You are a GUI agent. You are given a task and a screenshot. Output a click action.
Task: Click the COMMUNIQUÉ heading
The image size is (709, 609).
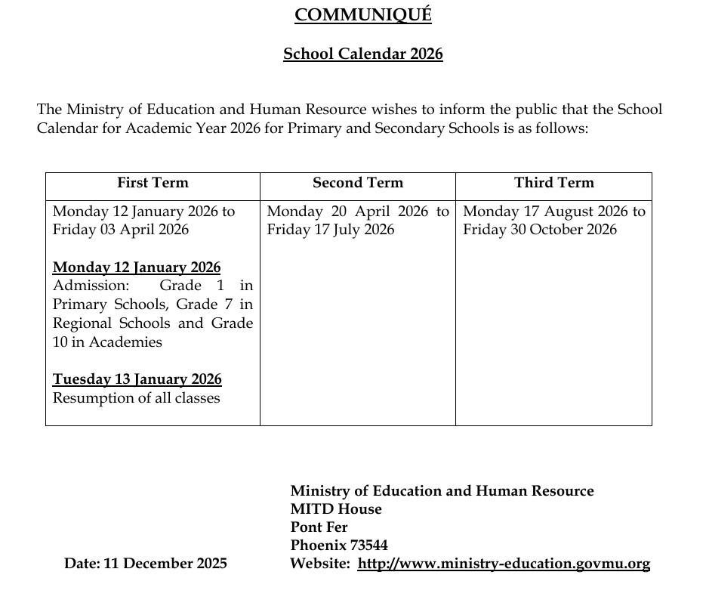click(362, 15)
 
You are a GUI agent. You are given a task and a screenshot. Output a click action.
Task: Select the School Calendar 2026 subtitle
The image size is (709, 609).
click(362, 54)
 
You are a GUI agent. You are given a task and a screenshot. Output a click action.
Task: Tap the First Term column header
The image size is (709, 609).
click(153, 183)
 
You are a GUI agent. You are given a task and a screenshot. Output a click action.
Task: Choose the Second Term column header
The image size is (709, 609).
click(358, 183)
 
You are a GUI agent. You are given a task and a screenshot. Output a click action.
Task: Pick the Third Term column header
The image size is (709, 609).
click(554, 183)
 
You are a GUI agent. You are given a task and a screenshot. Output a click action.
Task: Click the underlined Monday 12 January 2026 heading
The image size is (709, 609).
click(137, 267)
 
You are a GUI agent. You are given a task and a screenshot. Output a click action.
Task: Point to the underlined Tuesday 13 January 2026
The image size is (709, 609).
click(137, 379)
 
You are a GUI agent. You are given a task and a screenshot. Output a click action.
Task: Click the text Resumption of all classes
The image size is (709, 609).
click(137, 398)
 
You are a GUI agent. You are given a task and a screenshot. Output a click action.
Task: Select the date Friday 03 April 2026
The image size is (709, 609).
click(121, 230)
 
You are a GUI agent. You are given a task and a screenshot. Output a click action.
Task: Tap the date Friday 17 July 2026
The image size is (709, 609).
click(331, 230)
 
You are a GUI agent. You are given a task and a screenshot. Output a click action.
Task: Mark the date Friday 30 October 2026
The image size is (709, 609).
click(540, 230)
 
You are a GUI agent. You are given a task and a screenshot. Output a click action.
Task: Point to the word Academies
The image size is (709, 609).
click(125, 342)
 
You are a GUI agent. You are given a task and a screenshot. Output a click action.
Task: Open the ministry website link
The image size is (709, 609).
click(504, 564)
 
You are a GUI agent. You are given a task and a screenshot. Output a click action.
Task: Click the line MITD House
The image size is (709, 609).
click(336, 509)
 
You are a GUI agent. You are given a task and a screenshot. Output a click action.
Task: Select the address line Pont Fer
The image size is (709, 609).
click(319, 527)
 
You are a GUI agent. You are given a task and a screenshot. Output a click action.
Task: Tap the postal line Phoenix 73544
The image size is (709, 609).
click(339, 546)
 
